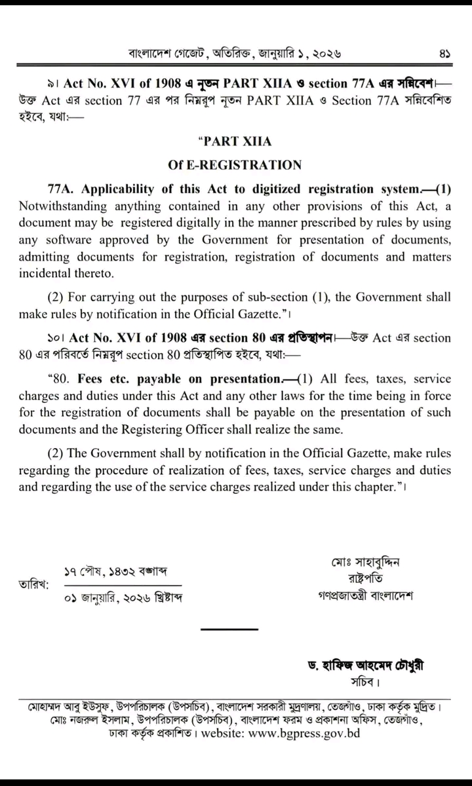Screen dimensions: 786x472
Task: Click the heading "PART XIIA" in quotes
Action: [x=236, y=141]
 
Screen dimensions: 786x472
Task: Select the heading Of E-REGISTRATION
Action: [x=236, y=164]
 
